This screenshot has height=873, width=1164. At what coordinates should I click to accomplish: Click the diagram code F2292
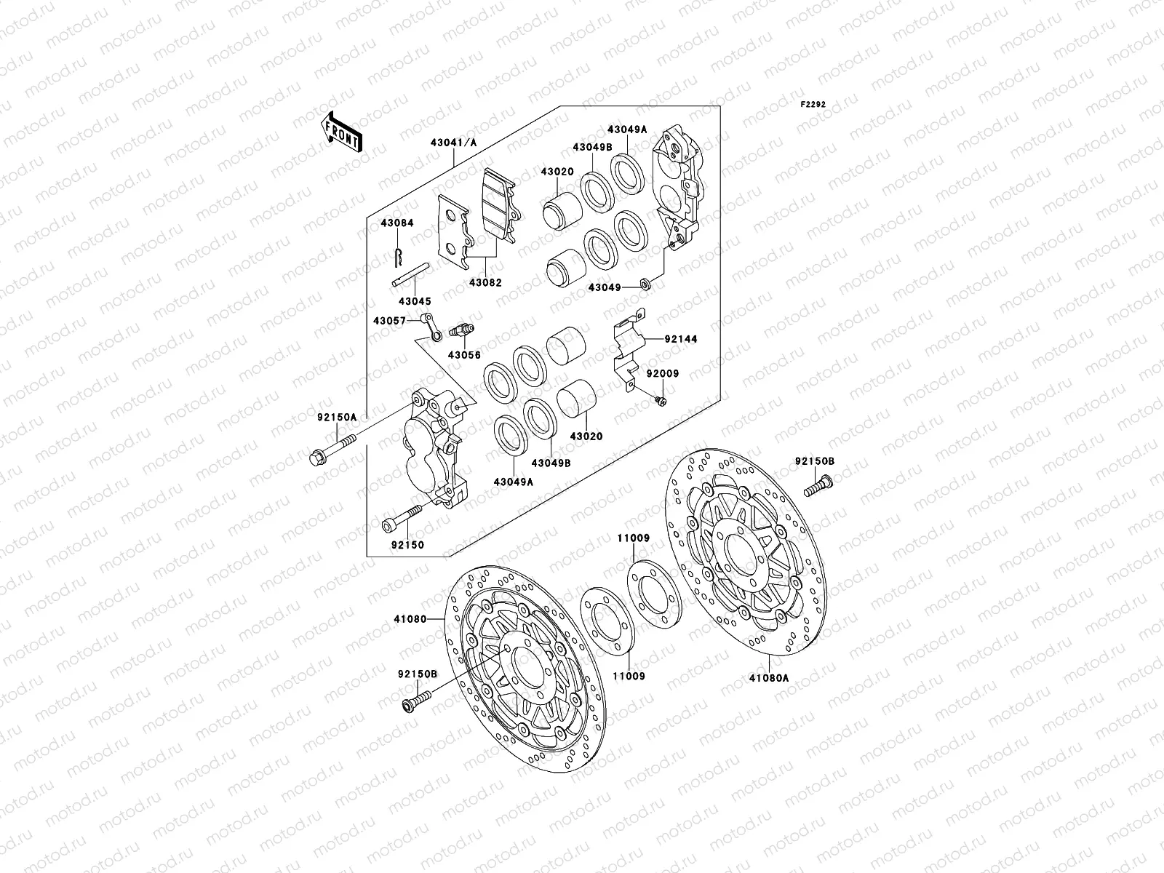pyautogui.click(x=814, y=105)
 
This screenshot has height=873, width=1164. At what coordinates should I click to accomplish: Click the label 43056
pyautogui.click(x=464, y=354)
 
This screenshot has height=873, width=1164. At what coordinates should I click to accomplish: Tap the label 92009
pyautogui.click(x=663, y=373)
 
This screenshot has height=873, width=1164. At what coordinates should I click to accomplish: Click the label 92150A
pyautogui.click(x=337, y=418)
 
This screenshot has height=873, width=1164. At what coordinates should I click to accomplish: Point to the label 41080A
pyautogui.click(x=769, y=676)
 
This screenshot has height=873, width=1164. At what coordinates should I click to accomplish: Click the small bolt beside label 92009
pyautogui.click(x=661, y=399)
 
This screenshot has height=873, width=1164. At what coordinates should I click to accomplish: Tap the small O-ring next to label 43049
pyautogui.click(x=645, y=282)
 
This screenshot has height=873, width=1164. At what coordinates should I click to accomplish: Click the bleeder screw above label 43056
pyautogui.click(x=462, y=331)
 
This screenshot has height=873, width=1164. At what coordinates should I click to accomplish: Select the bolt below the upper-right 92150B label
pyautogui.click(x=818, y=487)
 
